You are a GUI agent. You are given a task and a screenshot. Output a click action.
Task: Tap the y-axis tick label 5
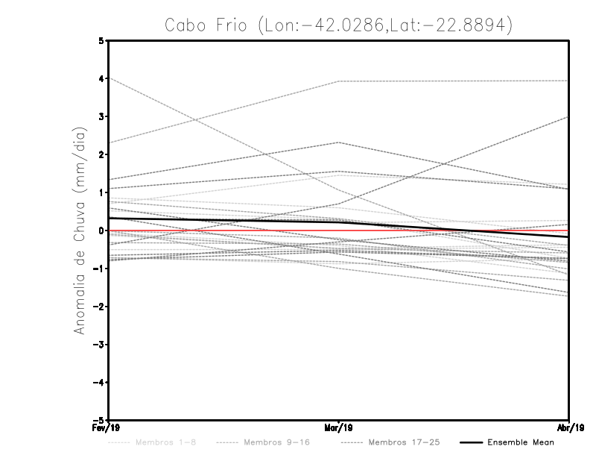102,40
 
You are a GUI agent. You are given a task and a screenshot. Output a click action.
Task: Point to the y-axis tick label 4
102,78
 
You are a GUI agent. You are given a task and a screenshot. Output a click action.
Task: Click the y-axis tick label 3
102,116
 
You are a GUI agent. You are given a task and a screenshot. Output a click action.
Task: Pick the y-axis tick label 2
102,154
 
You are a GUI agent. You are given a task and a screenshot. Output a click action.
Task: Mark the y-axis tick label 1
102,192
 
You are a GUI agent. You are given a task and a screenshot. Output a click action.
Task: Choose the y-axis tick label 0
102,230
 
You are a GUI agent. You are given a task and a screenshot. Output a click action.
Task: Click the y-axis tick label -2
100,307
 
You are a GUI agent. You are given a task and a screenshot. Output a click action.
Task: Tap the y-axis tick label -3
100,345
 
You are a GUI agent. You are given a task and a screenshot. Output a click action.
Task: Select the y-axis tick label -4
100,383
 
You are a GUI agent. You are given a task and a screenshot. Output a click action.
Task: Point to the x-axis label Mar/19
339,428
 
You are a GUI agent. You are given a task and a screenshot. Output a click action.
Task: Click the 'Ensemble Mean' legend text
520,442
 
